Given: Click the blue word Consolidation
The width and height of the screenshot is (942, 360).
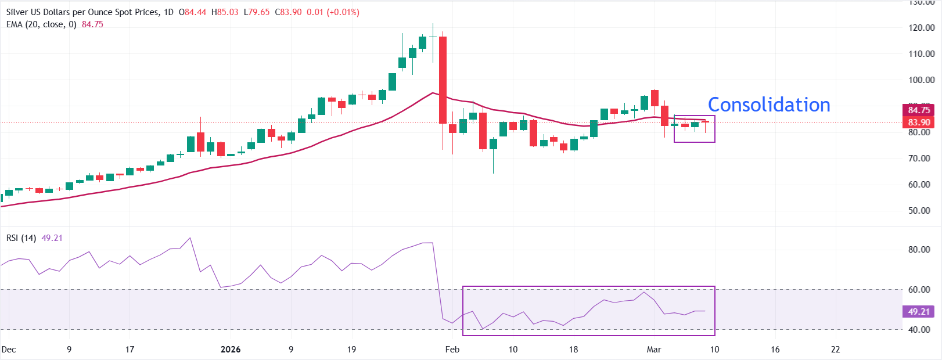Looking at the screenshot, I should tap(769, 105).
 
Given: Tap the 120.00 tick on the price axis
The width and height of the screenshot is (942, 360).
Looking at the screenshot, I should tap(922, 28).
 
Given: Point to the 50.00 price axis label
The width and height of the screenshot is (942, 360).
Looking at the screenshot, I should tap(922, 211).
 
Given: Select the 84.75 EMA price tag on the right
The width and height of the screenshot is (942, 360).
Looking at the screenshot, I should tap(919, 110).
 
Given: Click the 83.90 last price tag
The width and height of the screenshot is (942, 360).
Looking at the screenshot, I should tap(919, 123).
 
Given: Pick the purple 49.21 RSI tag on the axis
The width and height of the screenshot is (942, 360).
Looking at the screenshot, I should tap(919, 312).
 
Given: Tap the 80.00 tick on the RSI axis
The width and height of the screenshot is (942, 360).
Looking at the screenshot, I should tap(919, 250).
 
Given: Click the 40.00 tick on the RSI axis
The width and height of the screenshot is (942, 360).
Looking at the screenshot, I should tap(919, 330).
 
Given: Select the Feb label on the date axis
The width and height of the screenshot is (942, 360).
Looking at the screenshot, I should tap(452, 350).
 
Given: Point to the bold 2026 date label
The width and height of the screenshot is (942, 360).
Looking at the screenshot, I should tap(231, 350).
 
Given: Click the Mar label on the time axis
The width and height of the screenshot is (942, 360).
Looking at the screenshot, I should tap(654, 350).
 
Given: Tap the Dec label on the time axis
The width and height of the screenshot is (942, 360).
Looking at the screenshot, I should tap(9, 350).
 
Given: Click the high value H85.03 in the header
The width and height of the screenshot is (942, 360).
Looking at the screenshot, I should tap(225, 12).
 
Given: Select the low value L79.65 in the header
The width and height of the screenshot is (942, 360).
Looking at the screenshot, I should tap(257, 12).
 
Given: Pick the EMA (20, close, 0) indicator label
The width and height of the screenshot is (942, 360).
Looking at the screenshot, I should tap(41, 24).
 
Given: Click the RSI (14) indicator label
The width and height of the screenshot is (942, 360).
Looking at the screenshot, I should tap(21, 238).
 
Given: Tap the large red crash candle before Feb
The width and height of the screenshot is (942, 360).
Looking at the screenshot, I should tap(443, 80).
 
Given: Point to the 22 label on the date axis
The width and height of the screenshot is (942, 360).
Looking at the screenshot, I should tap(835, 350).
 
